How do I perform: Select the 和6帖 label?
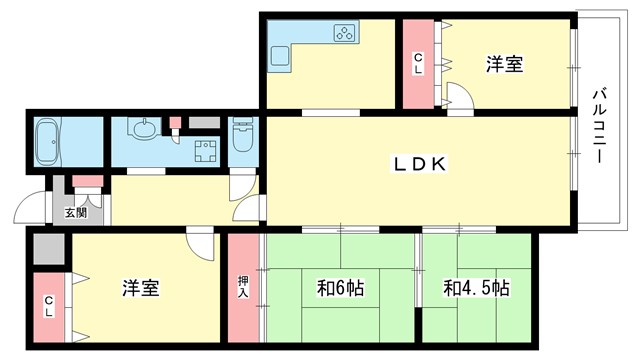[341, 289]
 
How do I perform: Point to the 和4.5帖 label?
[476, 289]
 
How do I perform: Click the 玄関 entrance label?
[75, 213]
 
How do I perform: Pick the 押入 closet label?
[243, 287]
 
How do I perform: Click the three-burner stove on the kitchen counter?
[344, 34]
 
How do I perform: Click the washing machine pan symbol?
[207, 153]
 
